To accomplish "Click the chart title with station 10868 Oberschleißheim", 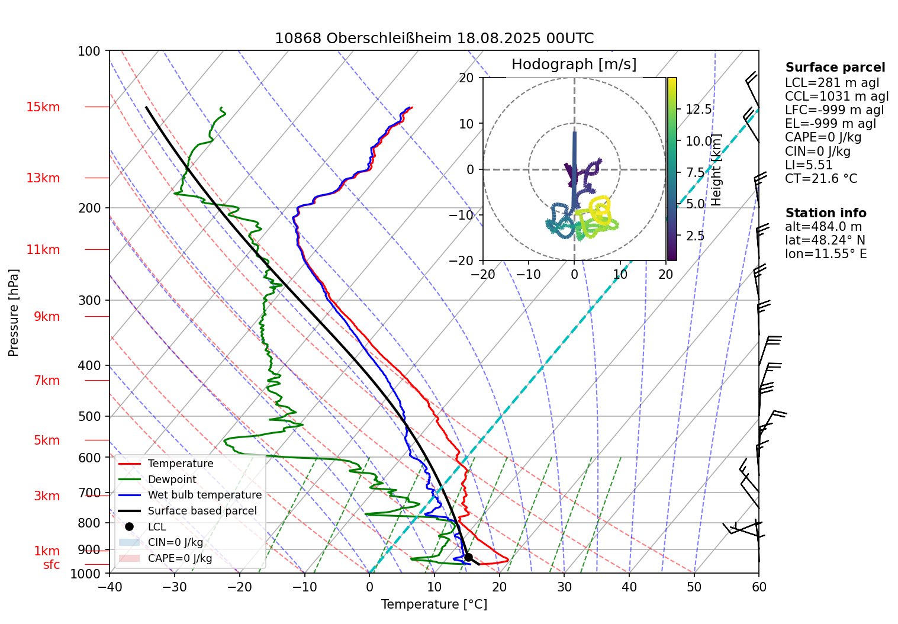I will point(434,38).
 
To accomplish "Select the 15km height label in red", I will point(43,107).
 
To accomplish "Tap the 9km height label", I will point(47,317).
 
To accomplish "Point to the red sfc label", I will point(52,565).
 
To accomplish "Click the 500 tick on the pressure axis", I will point(89,416).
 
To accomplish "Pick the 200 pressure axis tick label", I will point(89,208).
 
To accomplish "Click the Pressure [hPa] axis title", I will point(14,312).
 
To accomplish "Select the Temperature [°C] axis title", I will point(434,604).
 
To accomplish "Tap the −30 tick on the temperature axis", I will point(174,587).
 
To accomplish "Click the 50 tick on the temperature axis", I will point(694,587).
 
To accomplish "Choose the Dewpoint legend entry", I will point(172,480).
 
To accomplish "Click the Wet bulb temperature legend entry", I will point(204,495).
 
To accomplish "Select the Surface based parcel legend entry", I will point(202,511).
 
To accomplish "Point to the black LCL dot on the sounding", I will point(468,557).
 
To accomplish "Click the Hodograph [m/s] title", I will point(574,65).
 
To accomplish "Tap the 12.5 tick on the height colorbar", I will point(699,110).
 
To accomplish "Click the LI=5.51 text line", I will point(809,165).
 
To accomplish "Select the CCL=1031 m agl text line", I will point(836,97).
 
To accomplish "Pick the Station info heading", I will point(825,213).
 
